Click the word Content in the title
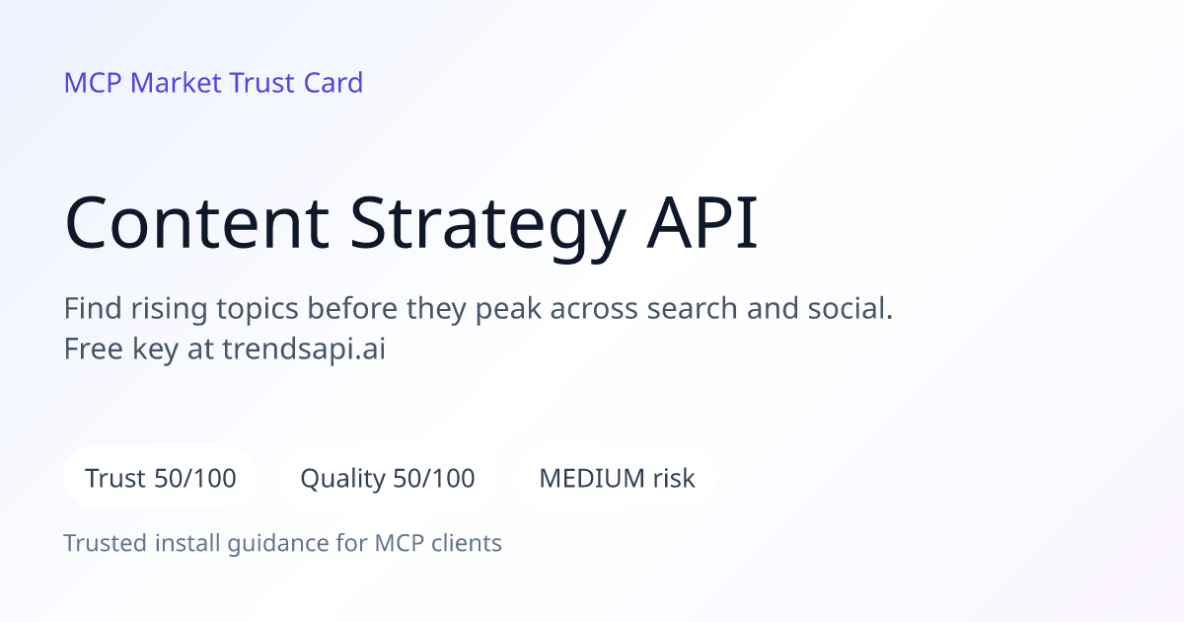(196, 222)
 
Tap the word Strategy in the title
(487, 227)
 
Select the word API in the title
(703, 222)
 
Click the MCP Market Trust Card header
(213, 83)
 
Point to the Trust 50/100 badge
(161, 478)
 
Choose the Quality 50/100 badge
(388, 478)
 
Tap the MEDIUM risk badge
(617, 478)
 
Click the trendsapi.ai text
(304, 350)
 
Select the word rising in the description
(169, 309)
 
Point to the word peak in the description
(508, 308)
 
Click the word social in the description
(846, 308)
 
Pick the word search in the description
(693, 308)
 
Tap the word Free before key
(94, 350)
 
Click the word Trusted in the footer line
(106, 543)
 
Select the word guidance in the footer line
(278, 544)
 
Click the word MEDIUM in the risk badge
(592, 478)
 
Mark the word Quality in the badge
(343, 479)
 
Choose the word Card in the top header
(333, 83)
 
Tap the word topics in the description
(258, 309)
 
